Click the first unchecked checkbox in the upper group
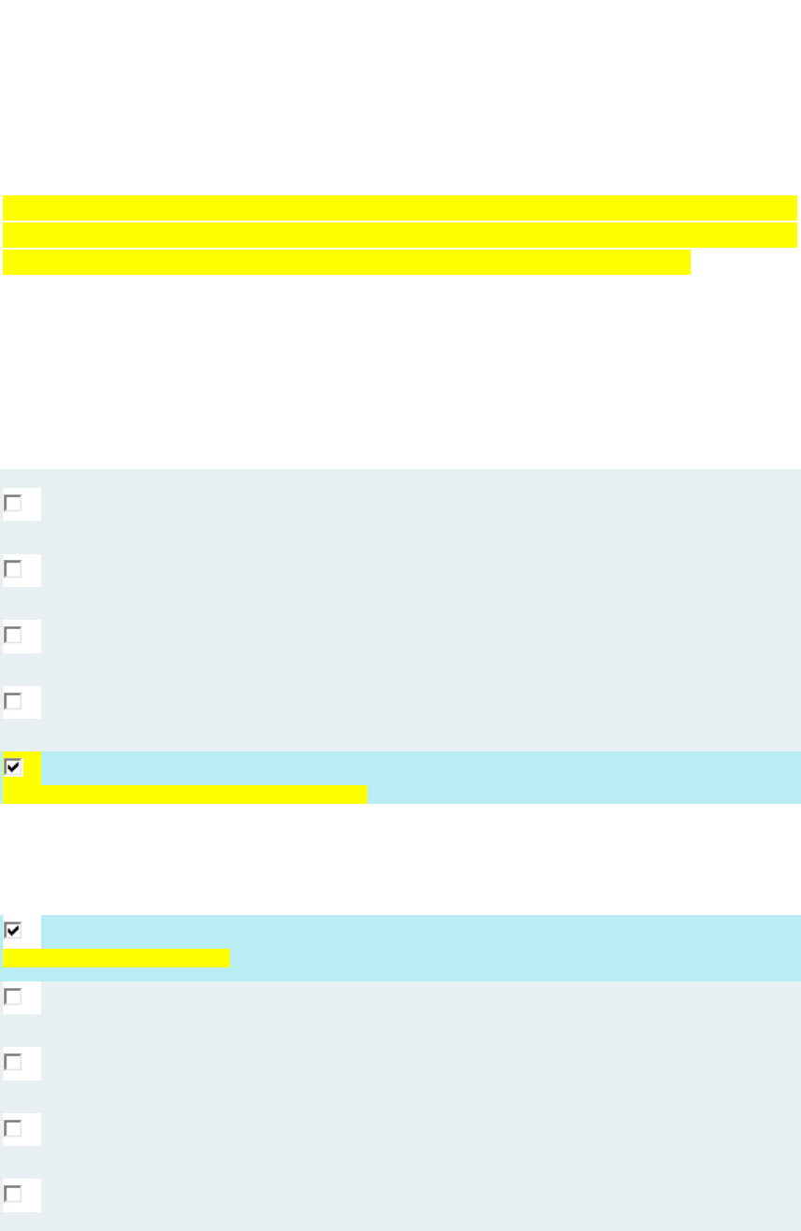(x=13, y=504)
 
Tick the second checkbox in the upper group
(x=13, y=569)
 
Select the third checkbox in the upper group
(x=13, y=636)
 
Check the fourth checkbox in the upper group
(x=13, y=701)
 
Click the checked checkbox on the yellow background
(x=13, y=767)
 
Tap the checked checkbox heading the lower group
(x=13, y=930)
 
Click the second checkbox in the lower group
(x=13, y=997)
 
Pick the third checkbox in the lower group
(x=13, y=1063)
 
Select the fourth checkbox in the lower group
(x=13, y=1129)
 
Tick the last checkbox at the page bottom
(x=13, y=1195)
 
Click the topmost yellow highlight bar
(x=400, y=208)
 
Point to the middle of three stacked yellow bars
(x=400, y=235)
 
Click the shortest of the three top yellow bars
(x=346, y=262)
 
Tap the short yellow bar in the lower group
(x=116, y=958)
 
